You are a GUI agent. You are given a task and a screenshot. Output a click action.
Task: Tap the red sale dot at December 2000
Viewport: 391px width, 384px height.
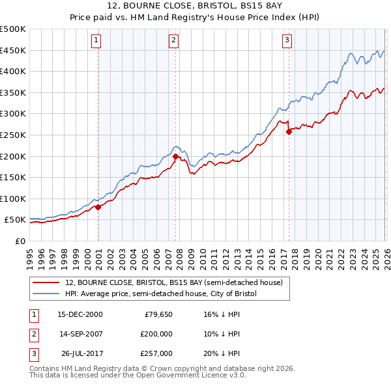(x=98, y=207)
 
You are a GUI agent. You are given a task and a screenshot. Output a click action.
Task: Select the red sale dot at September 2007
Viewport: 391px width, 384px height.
(x=176, y=156)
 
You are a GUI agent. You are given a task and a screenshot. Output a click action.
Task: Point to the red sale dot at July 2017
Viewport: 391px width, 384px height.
(x=289, y=132)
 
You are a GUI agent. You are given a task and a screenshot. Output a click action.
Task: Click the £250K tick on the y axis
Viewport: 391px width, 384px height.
(x=13, y=135)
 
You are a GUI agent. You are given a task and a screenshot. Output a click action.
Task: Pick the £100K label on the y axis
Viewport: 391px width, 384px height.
(x=13, y=199)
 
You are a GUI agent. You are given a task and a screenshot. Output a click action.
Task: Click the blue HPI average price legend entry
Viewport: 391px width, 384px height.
(x=161, y=294)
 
